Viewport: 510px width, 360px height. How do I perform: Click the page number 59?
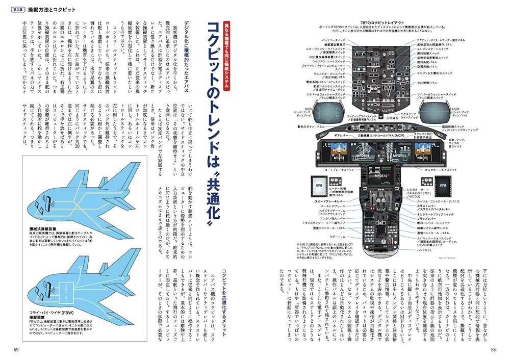click(16, 349)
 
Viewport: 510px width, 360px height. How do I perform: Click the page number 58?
click(493, 349)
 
